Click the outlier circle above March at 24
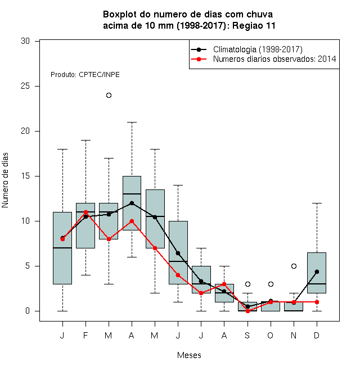tap(109, 96)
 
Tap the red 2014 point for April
tap(132, 221)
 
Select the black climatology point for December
tap(317, 272)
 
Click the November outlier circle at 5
tap(294, 266)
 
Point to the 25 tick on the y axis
tap(37, 87)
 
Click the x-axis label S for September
tap(247, 335)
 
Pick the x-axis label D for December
tap(317, 335)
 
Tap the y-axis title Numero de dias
tap(5, 180)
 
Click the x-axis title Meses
tap(189, 355)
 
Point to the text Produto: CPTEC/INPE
tap(85, 75)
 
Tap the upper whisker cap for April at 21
tap(132, 123)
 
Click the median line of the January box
tap(62, 248)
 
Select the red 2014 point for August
tap(224, 284)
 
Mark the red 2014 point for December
tap(317, 302)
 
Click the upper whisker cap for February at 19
tap(85, 141)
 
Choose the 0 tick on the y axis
tap(37, 311)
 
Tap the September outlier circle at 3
tap(247, 284)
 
